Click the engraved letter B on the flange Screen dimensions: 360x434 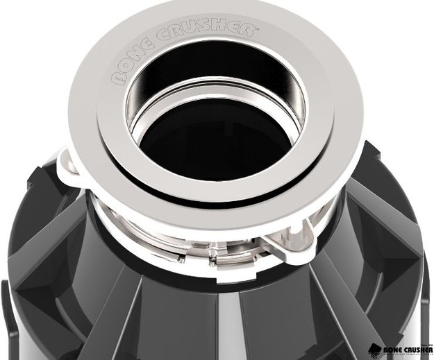click(116, 78)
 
